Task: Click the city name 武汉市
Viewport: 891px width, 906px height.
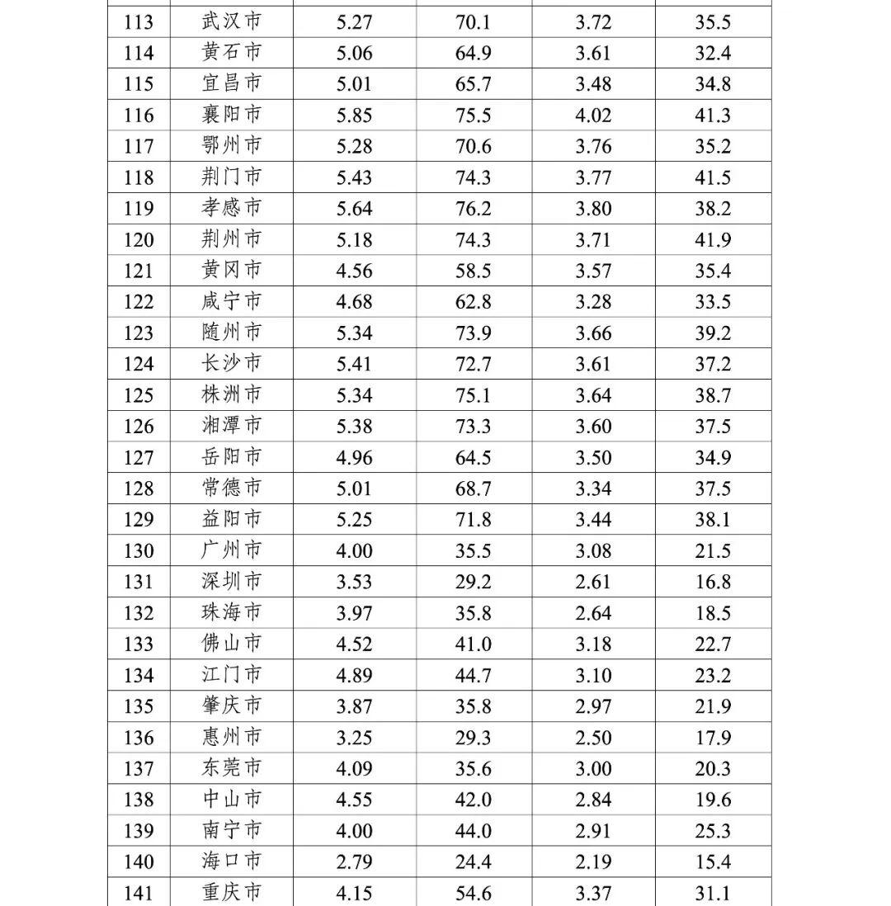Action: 232,21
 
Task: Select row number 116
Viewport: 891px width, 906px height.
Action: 139,116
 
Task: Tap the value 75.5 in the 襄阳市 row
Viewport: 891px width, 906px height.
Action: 474,116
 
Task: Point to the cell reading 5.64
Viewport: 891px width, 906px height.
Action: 354,209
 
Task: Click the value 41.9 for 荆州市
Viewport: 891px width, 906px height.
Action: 713,240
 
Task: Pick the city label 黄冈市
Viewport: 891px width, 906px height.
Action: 232,271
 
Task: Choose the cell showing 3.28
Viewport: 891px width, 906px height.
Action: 593,302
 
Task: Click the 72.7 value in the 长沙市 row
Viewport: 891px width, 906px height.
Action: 474,364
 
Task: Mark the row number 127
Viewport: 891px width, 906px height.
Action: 139,457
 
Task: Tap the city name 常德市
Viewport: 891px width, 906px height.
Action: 232,488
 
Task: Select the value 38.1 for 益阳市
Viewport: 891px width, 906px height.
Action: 713,520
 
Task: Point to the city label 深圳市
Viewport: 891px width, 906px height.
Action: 232,582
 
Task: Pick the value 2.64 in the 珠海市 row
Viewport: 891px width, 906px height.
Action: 593,613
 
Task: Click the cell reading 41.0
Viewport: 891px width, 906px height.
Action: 474,644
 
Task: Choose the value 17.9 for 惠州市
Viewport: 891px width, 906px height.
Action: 713,738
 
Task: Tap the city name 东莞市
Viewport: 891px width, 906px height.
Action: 232,769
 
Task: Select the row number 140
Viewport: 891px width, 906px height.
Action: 139,862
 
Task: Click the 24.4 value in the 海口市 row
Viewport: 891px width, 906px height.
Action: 474,862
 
